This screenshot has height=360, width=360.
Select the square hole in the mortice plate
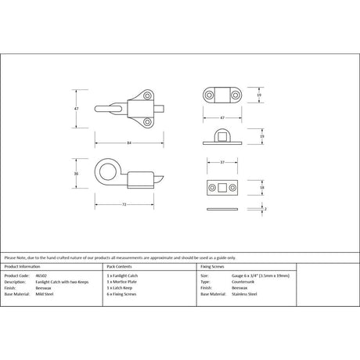pyautogui.click(x=221, y=188)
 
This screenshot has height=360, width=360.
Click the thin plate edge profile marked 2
pyautogui.click(x=221, y=210)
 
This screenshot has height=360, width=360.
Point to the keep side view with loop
pyautogui.click(x=222, y=135)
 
